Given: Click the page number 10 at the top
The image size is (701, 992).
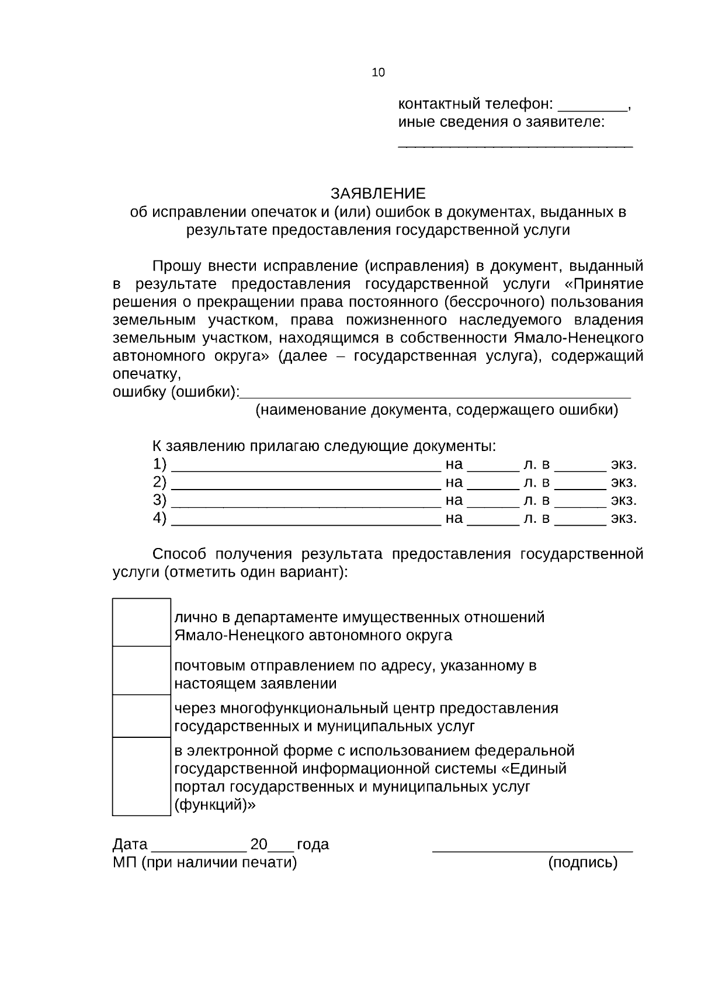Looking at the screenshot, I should tap(378, 72).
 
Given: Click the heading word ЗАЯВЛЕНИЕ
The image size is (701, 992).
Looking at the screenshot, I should tap(379, 193).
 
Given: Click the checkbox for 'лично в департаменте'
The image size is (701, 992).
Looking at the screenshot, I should tap(141, 623).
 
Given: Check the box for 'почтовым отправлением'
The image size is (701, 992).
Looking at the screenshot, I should tap(141, 671).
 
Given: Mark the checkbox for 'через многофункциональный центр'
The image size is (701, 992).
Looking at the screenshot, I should tap(141, 716).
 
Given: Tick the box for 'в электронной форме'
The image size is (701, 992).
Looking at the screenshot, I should tap(141, 776).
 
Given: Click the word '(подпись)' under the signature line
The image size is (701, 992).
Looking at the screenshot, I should tap(582, 862).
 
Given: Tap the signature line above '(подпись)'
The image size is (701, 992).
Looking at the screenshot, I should tap(532, 851).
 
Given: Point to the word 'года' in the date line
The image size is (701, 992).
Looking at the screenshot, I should tap(313, 845).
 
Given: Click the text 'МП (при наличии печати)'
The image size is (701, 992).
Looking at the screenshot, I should tap(204, 862).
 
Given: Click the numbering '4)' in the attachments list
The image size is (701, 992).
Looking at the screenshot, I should tap(159, 518).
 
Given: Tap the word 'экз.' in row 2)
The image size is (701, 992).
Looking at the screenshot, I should tap(623, 483).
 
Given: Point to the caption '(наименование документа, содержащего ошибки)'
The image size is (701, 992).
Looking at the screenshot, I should tap(436, 410).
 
